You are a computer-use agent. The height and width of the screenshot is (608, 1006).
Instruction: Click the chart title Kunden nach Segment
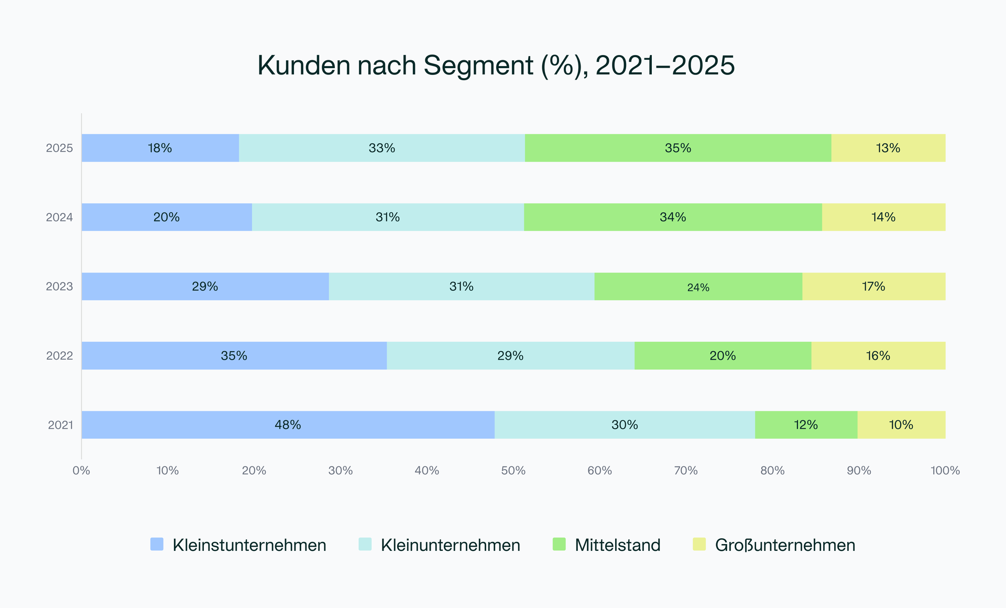click(x=496, y=66)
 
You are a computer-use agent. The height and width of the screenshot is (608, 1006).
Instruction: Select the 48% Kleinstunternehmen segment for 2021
click(x=288, y=425)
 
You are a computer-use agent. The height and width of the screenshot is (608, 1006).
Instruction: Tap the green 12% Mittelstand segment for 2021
click(x=806, y=425)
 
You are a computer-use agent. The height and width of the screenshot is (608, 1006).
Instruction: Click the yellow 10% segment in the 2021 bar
click(x=901, y=425)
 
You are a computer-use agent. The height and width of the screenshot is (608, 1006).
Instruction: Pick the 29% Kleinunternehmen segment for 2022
click(x=510, y=355)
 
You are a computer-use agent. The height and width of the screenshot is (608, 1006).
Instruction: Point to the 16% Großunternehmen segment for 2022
click(x=878, y=355)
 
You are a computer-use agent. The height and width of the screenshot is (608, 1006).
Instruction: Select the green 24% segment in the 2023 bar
click(x=698, y=286)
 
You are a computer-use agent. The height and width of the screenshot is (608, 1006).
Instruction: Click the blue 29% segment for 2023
click(x=205, y=286)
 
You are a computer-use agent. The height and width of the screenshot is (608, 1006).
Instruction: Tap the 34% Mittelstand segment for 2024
click(x=673, y=217)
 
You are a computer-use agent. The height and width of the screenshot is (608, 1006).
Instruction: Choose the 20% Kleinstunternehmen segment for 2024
click(x=167, y=217)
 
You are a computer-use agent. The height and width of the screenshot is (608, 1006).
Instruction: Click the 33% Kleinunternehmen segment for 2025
click(x=381, y=148)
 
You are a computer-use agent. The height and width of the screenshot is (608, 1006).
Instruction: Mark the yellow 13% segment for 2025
click(x=888, y=148)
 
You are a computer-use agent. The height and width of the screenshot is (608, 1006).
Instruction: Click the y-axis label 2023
click(x=59, y=286)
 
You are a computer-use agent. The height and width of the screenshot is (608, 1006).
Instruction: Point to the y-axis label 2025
click(x=59, y=148)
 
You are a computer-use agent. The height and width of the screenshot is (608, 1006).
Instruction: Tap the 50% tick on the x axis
click(x=513, y=471)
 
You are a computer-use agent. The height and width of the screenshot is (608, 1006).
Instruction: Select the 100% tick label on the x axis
click(x=945, y=471)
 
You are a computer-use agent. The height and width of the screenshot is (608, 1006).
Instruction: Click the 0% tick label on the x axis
click(x=81, y=471)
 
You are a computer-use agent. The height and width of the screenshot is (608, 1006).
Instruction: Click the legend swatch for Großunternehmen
click(x=699, y=544)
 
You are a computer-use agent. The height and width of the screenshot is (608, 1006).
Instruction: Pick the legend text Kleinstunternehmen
click(x=249, y=545)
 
